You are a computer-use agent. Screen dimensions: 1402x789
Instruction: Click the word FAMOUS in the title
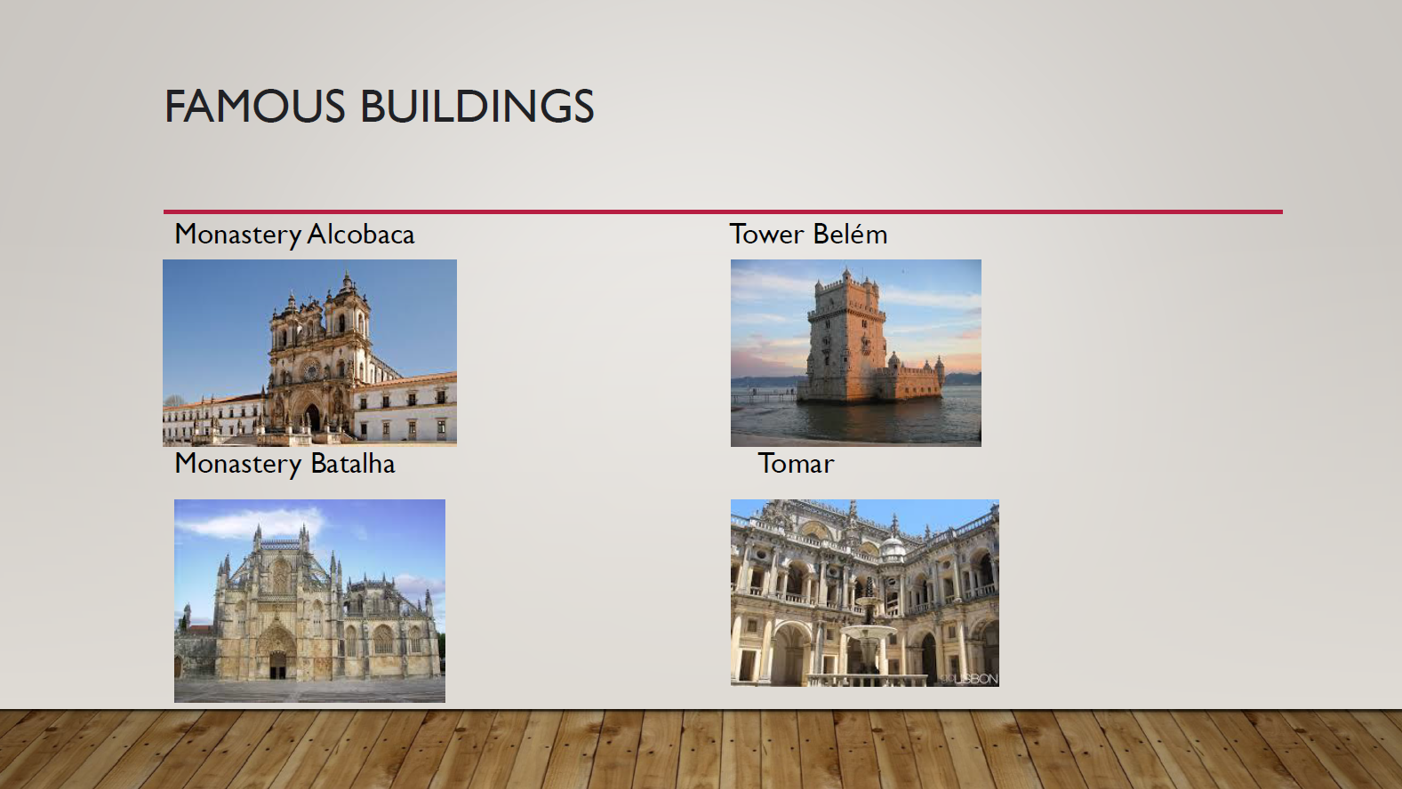point(255,106)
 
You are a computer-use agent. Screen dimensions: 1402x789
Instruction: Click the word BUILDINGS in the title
point(477,106)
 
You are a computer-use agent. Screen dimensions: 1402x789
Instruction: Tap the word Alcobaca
point(361,235)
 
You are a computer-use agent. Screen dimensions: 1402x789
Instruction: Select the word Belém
point(850,234)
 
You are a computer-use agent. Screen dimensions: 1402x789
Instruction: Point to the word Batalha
point(353,464)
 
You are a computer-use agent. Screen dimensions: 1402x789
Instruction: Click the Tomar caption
point(796,464)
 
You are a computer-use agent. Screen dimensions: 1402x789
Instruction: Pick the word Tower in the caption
point(766,235)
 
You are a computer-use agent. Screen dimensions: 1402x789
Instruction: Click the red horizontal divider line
point(723,212)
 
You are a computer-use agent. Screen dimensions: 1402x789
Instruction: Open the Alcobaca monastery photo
point(309,353)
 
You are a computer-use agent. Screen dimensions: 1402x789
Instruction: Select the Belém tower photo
point(855,353)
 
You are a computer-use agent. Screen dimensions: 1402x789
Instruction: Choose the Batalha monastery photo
point(309,601)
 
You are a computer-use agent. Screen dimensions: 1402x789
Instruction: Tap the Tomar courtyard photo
point(864,593)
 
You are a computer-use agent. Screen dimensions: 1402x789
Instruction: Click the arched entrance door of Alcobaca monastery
point(312,417)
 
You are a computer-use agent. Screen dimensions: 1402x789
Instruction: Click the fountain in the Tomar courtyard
point(868,632)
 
